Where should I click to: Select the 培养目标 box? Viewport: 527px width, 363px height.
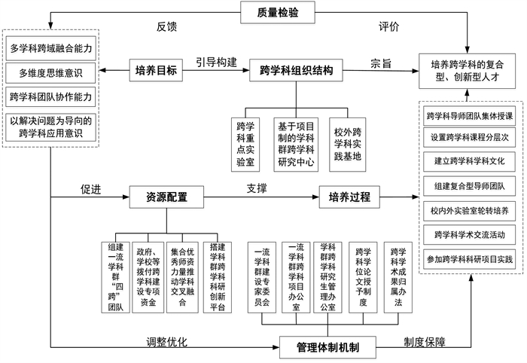tap(156, 71)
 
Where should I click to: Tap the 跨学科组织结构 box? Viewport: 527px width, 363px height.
tap(297, 71)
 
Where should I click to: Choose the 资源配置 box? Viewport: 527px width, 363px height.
tap(166, 198)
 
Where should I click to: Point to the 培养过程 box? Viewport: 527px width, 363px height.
tap(349, 198)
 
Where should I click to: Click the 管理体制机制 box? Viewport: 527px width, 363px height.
tap(327, 347)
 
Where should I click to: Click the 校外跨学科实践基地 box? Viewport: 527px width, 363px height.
tap(347, 139)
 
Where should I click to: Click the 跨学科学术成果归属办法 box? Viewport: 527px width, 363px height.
tap(398, 275)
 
